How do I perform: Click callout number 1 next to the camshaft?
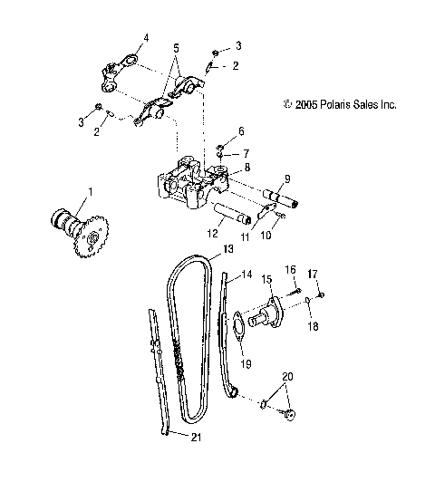90,193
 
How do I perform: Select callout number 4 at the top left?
142,38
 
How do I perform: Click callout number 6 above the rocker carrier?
241,131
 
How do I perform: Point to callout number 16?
292,270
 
